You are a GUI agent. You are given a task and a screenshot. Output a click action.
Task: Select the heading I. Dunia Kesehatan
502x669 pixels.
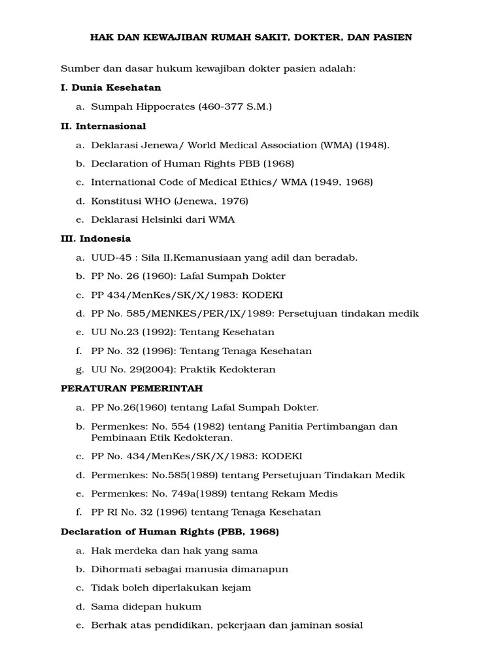point(110,88)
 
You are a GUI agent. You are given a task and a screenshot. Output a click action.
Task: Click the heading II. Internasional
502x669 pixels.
point(103,126)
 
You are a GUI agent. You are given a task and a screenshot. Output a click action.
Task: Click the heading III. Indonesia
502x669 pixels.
point(95,238)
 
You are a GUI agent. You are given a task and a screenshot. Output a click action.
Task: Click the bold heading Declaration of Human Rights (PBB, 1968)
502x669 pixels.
point(170,532)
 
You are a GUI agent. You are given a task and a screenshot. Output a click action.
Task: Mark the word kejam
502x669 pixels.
point(237,588)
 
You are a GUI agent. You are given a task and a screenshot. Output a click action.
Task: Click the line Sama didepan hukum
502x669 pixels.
point(146,606)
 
